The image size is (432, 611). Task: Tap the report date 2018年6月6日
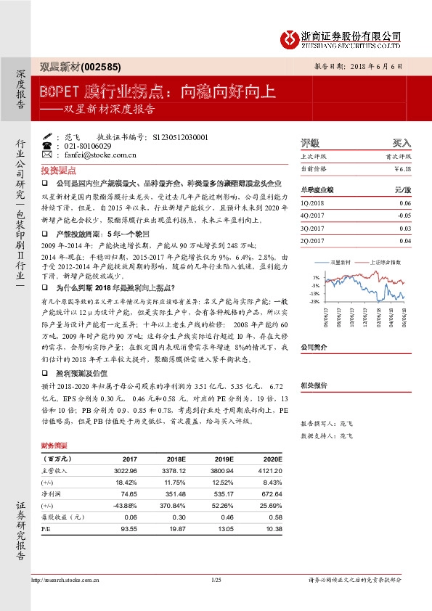375,65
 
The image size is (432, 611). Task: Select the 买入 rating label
402,143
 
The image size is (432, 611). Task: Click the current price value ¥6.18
402,168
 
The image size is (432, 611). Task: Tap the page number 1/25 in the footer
216,581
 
